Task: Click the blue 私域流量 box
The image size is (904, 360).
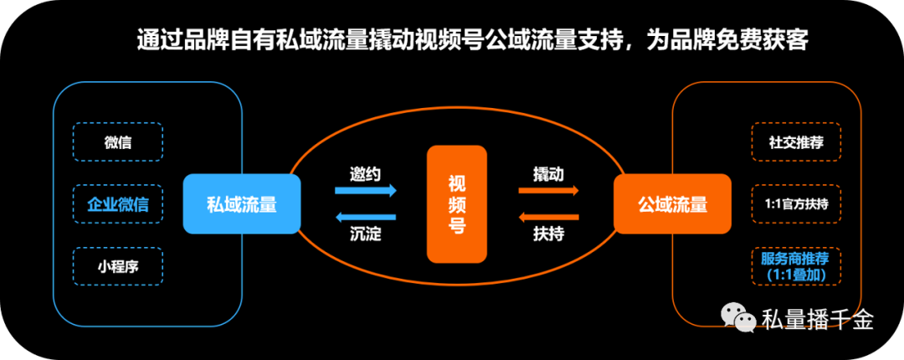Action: (x=242, y=203)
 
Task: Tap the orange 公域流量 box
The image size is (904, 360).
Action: (x=672, y=203)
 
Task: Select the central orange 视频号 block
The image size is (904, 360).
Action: (x=456, y=203)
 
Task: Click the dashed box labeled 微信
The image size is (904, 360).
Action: (x=118, y=142)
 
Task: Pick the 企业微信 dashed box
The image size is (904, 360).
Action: (x=118, y=204)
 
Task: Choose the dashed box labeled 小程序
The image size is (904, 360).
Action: (x=118, y=266)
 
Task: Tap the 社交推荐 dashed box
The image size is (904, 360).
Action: (x=795, y=142)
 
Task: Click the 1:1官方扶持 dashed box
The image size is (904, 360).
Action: (x=795, y=204)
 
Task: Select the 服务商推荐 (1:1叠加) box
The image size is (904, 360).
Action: (x=795, y=265)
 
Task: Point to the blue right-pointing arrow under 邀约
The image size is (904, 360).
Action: (x=366, y=191)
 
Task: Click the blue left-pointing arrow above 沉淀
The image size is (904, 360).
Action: (x=366, y=217)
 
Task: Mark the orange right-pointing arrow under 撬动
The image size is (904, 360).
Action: (x=549, y=191)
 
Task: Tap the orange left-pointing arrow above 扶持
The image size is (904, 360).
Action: (x=549, y=217)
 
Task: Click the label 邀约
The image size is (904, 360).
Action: (x=366, y=174)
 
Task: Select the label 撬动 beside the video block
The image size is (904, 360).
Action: (x=548, y=174)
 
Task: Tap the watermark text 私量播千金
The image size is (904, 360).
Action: (x=818, y=320)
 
